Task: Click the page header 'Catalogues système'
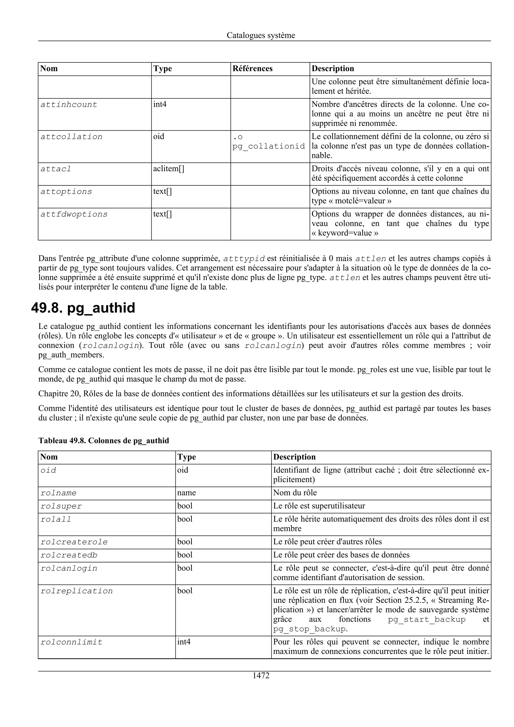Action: pos(261,35)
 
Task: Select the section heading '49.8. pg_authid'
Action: pos(83,308)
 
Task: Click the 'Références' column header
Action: pos(252,68)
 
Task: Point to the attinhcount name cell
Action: pos(69,105)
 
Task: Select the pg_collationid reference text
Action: pos(269,146)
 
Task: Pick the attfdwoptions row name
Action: pos(74,214)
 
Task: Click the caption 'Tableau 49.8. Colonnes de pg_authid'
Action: pos(104,441)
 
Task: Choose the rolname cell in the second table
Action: pos(58,493)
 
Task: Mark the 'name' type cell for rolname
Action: pos(186,493)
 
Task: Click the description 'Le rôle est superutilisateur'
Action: pos(319,506)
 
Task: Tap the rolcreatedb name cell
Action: pos(69,555)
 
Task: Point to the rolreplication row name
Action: pos(77,591)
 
